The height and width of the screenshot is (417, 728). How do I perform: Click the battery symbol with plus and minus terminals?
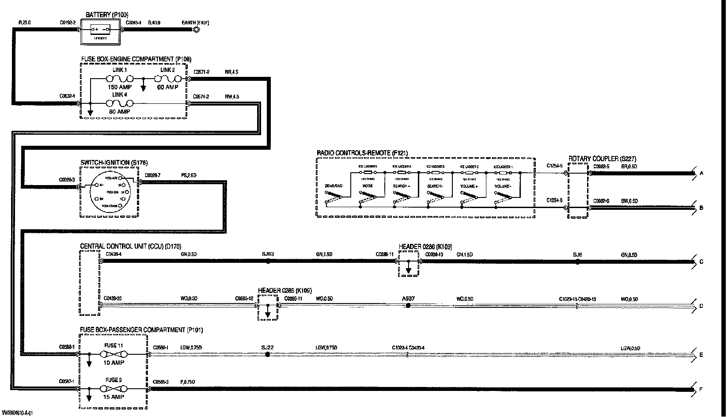tap(100, 30)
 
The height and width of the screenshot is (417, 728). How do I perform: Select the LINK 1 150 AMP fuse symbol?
tap(119, 79)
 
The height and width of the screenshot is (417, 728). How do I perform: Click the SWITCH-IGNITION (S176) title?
tap(114, 163)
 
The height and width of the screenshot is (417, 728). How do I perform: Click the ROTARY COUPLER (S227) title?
tap(602, 159)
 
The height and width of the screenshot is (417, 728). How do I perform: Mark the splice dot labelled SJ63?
tap(268, 262)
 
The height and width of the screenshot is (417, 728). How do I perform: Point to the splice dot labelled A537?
tap(408, 305)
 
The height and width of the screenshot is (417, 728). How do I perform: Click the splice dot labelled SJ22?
tap(267, 354)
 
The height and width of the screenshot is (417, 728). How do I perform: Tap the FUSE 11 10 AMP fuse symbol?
tap(113, 354)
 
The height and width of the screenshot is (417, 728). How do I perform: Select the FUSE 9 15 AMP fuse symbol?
tap(113, 389)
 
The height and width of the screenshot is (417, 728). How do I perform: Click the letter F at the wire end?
tap(701, 390)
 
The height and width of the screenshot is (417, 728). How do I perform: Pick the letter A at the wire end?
tap(701, 174)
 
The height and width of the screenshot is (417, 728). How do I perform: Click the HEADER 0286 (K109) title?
tap(425, 246)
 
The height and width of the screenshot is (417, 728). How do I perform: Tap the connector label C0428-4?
tap(114, 254)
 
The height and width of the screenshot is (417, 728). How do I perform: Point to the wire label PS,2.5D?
tap(189, 175)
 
